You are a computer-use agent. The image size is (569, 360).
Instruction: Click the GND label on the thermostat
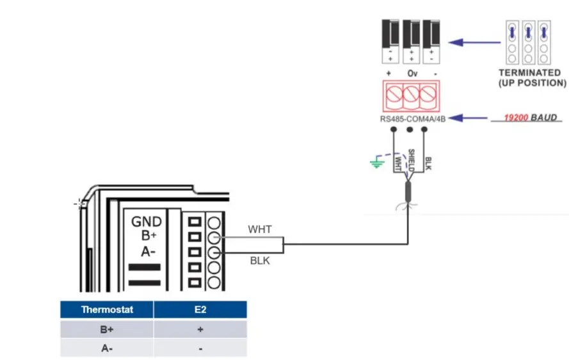click(147, 222)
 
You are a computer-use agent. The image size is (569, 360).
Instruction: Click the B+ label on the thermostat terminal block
click(148, 236)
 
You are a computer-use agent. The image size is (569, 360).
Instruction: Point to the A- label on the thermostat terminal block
click(148, 251)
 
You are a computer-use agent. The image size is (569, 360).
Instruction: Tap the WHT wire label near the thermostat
click(260, 229)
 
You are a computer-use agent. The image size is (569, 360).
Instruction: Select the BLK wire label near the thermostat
click(259, 261)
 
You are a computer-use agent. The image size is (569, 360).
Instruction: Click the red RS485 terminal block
click(409, 97)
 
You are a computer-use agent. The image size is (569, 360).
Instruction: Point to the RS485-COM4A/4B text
click(410, 119)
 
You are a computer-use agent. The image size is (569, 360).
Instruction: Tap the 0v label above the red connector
click(411, 74)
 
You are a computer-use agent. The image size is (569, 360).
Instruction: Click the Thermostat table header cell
click(107, 309)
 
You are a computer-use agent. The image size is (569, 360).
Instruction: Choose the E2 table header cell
click(200, 309)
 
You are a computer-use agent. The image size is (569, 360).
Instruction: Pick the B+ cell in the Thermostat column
click(107, 329)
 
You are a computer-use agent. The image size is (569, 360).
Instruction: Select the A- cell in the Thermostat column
click(107, 348)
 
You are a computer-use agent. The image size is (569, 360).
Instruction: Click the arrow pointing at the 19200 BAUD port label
click(469, 119)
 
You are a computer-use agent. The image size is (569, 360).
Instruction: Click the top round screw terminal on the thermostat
click(215, 222)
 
